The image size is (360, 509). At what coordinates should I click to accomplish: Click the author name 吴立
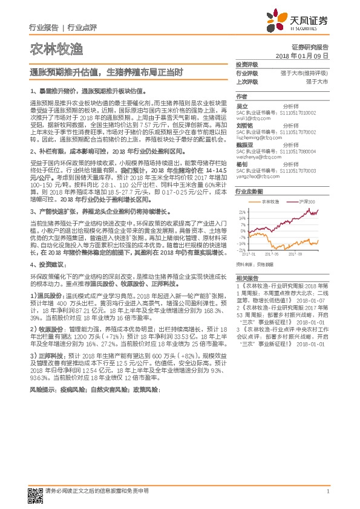(x=241, y=104)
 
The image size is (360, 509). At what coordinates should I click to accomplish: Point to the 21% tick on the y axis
(x=243, y=212)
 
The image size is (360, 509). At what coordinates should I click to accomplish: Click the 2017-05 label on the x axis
(x=272, y=254)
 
